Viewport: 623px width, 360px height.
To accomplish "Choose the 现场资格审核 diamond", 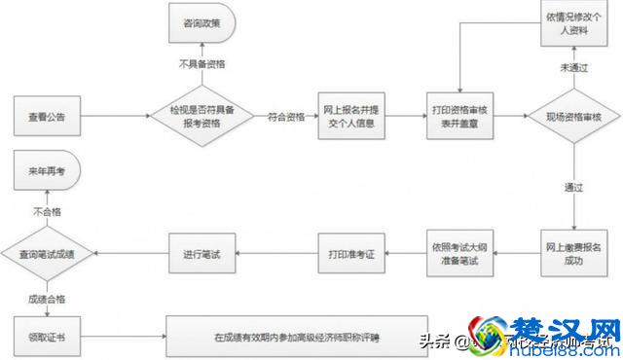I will tap(573, 117).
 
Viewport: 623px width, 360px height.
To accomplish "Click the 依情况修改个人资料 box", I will tap(573, 22).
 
